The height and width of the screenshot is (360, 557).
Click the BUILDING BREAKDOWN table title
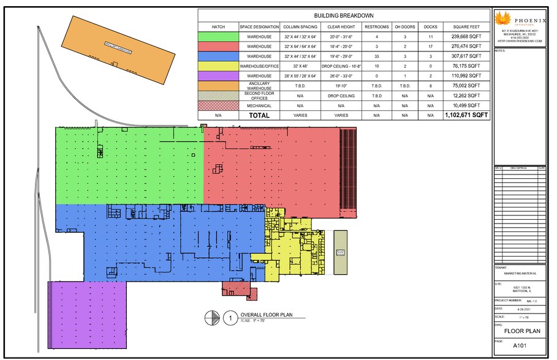tap(344, 16)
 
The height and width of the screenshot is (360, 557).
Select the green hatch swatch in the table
tap(218, 37)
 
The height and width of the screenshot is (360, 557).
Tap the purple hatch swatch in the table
tap(218, 76)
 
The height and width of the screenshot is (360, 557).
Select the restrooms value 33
tap(376, 56)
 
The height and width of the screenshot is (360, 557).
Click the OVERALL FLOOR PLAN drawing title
tap(265, 316)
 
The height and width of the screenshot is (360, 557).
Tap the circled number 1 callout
tap(229, 318)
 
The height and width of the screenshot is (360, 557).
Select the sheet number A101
tap(519, 345)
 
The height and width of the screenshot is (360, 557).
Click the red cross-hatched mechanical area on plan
tap(236, 288)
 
